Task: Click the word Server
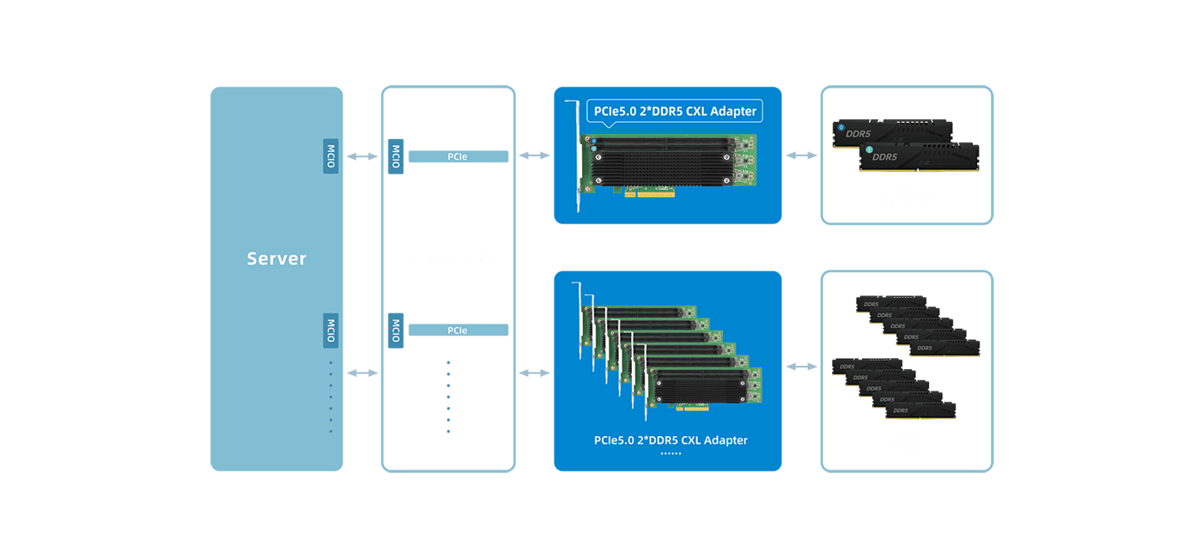[276, 258]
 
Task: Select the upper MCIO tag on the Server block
[331, 156]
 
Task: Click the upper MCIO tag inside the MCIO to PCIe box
[396, 156]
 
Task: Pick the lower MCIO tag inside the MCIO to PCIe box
[396, 330]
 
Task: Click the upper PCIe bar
[458, 156]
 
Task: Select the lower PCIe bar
[458, 330]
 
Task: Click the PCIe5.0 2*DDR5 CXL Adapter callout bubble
[675, 111]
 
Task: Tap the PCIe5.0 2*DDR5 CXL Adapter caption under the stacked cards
[671, 440]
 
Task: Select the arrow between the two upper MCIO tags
[361, 156]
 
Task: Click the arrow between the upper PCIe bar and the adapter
[535, 155]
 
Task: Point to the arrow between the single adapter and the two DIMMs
[801, 155]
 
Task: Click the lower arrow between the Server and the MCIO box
[361, 373]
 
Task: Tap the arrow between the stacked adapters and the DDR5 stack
[801, 367]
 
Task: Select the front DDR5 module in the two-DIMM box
[920, 159]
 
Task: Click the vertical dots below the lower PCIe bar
[448, 397]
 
